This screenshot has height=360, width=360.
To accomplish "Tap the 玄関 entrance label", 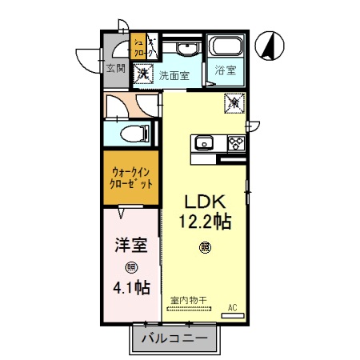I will (x=115, y=69).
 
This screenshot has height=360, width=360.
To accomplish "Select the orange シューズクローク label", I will (x=138, y=49).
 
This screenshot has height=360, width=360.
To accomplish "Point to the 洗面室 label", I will (x=173, y=76).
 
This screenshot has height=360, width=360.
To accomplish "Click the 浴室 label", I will (x=224, y=70).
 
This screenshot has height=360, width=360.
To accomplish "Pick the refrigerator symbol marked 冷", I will (x=234, y=102).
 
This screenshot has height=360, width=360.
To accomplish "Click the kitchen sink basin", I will (x=202, y=144).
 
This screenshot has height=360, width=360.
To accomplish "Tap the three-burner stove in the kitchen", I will (x=236, y=144).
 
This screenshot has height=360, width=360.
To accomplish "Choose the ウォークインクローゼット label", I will (x=131, y=178).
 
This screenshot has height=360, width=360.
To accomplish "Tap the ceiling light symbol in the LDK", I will (x=206, y=247).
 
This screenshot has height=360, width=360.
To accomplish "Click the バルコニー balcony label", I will (x=174, y=338).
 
